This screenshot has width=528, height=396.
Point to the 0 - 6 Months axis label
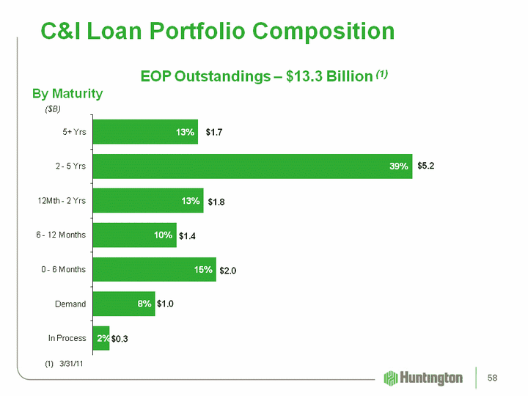63,270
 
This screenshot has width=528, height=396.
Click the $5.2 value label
426,166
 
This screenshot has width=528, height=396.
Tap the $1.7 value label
215,132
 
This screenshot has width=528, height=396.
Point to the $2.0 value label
229,271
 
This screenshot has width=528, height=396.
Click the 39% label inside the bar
399,166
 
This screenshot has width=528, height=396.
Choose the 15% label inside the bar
204,270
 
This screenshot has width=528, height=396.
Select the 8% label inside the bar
144,304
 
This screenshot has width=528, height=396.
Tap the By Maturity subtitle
67,94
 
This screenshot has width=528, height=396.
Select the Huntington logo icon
391,378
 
